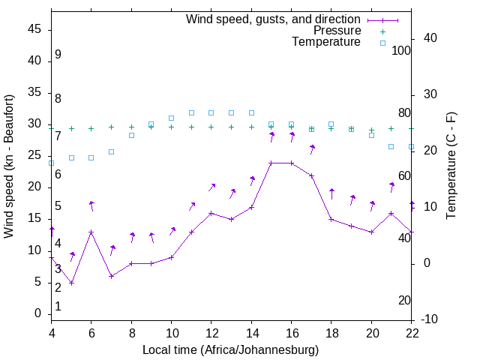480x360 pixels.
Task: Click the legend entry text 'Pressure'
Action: pos(337,31)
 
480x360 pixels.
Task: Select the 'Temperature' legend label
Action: pos(326,42)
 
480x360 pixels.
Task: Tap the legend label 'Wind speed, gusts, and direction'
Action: pos(274,19)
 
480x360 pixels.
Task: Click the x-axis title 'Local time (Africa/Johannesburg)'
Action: pos(230,350)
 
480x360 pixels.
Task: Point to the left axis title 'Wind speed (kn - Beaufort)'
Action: pos(9,166)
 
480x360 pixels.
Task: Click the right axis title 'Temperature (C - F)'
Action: pos(451,166)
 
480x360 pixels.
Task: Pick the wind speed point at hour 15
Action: pos(271,163)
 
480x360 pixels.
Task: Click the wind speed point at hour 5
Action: pos(72,283)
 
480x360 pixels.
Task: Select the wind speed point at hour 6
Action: pos(91,232)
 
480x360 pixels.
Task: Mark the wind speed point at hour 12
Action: pos(211,213)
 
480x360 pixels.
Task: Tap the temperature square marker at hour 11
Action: pos(191,112)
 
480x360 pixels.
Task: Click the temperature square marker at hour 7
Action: pos(111,151)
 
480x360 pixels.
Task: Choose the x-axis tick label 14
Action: pos(251,333)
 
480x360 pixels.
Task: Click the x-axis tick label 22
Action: pos(411,333)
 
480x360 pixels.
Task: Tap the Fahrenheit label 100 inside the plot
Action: pos(401,50)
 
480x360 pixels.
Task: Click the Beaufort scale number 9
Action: pos(58,55)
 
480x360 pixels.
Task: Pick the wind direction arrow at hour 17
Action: pos(311,149)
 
